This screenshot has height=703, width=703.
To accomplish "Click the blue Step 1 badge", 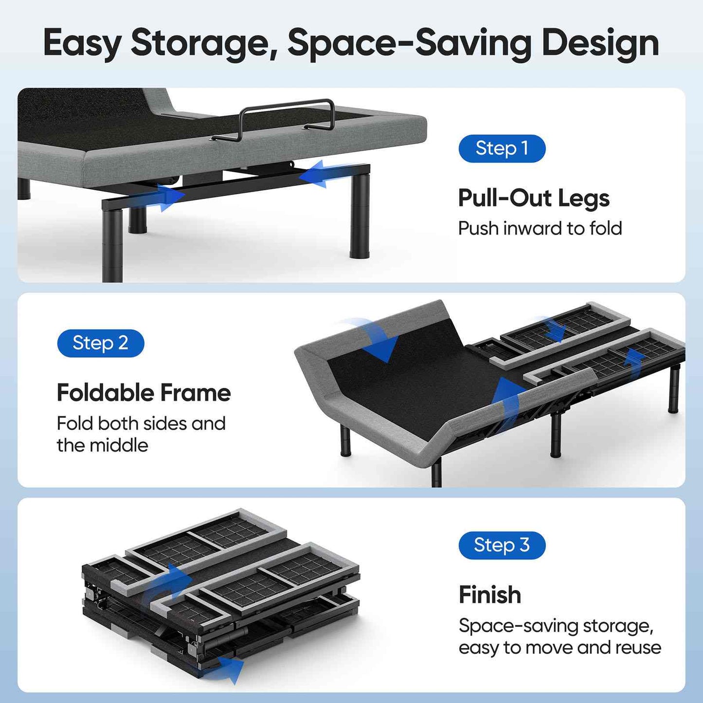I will tap(502, 148).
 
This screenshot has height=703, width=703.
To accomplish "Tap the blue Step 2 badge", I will tap(101, 343).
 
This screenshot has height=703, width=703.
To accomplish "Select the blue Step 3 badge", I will tap(502, 545).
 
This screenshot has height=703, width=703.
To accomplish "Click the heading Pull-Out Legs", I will tap(534, 198).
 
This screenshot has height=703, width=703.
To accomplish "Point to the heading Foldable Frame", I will tap(144, 393).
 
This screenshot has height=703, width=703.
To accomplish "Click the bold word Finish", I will tap(489, 595).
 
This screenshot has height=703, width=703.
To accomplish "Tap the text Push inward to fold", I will tap(540, 228).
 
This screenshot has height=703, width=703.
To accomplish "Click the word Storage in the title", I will tap(200, 43).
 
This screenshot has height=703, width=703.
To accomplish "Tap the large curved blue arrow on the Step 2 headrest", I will tap(375, 338).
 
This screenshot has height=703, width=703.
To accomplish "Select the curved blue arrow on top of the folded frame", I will tap(170, 584).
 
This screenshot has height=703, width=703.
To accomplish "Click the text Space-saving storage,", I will tap(556, 626).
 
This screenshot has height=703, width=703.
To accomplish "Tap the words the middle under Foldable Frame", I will tap(102, 445).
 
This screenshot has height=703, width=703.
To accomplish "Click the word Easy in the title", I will tap(82, 43).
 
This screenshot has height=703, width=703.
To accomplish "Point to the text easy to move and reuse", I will tap(559, 648).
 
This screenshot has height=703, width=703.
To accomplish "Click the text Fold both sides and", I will tap(141, 423).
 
